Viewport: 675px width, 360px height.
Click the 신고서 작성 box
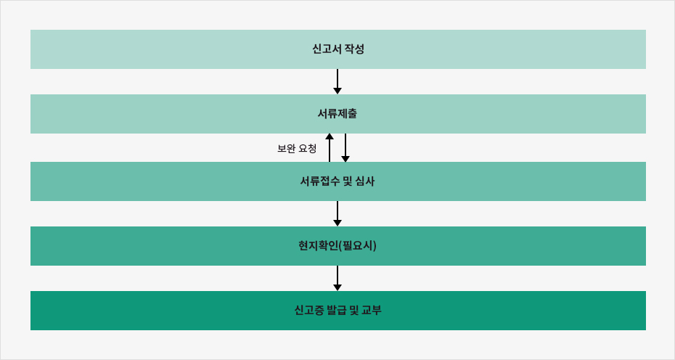pos(338,49)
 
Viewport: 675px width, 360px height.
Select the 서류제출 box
pos(338,114)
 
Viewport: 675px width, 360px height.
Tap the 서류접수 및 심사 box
pos(338,181)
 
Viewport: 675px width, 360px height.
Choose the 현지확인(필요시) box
pos(338,246)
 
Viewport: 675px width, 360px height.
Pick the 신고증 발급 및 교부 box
pos(338,311)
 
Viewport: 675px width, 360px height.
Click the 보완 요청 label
pos(297,149)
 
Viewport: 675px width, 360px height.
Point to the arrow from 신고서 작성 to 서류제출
pos(337,81)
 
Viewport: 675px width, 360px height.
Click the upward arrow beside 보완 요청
pos(330,148)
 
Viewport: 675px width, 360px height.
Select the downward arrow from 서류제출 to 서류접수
pos(345,148)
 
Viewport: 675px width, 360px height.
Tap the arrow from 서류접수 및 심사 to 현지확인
pos(337,213)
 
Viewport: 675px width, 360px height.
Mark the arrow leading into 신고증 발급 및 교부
pos(337,278)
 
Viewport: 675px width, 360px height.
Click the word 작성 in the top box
pos(354,49)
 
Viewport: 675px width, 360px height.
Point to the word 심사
pos(365,181)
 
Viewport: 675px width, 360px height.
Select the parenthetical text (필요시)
pos(358,246)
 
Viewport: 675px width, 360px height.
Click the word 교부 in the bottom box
pos(372,311)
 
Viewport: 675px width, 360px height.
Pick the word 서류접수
pos(319,181)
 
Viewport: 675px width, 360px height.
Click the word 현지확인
pos(319,246)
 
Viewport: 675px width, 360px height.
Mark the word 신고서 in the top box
pos(327,49)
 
